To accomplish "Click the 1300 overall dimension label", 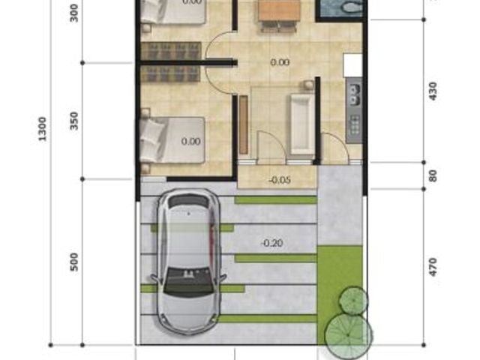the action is click(x=42, y=129).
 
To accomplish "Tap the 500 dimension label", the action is click(x=74, y=262).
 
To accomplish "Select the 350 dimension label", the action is click(x=74, y=121).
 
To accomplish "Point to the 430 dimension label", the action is click(x=433, y=91).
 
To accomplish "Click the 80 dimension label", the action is click(x=433, y=175).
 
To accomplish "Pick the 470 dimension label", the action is click(x=433, y=267).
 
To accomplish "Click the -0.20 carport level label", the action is click(x=271, y=243).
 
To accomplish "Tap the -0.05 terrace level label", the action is click(x=280, y=180).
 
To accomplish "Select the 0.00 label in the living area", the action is click(x=280, y=62).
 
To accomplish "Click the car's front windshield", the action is click(x=188, y=280).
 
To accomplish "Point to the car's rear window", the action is click(x=190, y=201).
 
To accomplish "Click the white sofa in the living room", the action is click(x=301, y=124).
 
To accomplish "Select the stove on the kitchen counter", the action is click(x=355, y=125).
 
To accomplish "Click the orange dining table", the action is click(x=279, y=10).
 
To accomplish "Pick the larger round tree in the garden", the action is click(x=349, y=334).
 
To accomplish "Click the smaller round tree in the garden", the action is click(x=353, y=300).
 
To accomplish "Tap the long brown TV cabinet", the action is click(x=243, y=124).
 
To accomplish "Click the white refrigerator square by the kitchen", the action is click(x=353, y=65).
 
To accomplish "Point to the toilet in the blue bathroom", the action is click(x=352, y=6).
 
